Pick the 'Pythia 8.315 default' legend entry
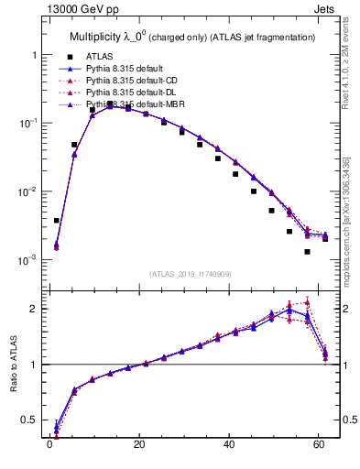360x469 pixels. coord(128,69)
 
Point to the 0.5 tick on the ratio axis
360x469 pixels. coord(29,420)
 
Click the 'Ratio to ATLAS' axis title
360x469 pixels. coord(14,365)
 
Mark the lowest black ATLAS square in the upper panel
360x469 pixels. coord(307,251)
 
